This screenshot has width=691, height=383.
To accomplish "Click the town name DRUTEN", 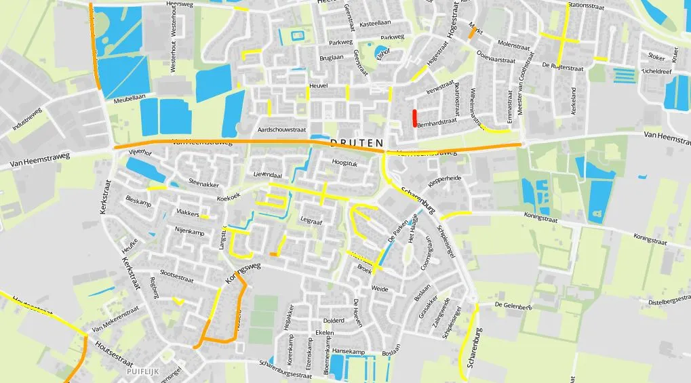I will click(357, 144).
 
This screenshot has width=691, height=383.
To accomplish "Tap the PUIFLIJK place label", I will click(145, 371).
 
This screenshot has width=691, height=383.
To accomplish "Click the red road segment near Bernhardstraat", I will click(414, 117).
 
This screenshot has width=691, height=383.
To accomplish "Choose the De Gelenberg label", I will click(513, 306).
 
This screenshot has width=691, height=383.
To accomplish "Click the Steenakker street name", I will click(204, 182).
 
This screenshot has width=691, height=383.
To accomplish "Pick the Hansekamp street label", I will click(349, 351).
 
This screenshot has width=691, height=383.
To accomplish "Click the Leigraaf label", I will click(310, 220).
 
